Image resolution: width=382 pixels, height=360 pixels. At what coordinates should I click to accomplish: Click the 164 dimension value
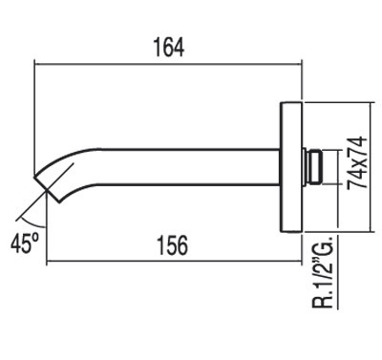click(169, 48)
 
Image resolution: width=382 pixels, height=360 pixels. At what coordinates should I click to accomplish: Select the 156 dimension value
click(173, 245)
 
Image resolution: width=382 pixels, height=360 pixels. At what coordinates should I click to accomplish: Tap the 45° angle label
click(25, 244)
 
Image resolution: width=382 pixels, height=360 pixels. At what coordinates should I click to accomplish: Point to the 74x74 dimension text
click(357, 163)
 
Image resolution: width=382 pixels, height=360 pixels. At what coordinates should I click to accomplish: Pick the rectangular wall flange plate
click(291, 167)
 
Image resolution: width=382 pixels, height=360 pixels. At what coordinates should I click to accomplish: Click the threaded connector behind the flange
click(312, 167)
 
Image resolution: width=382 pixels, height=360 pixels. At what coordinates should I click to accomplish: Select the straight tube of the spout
click(188, 166)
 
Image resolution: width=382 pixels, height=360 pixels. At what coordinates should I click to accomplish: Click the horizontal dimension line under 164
click(168, 64)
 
